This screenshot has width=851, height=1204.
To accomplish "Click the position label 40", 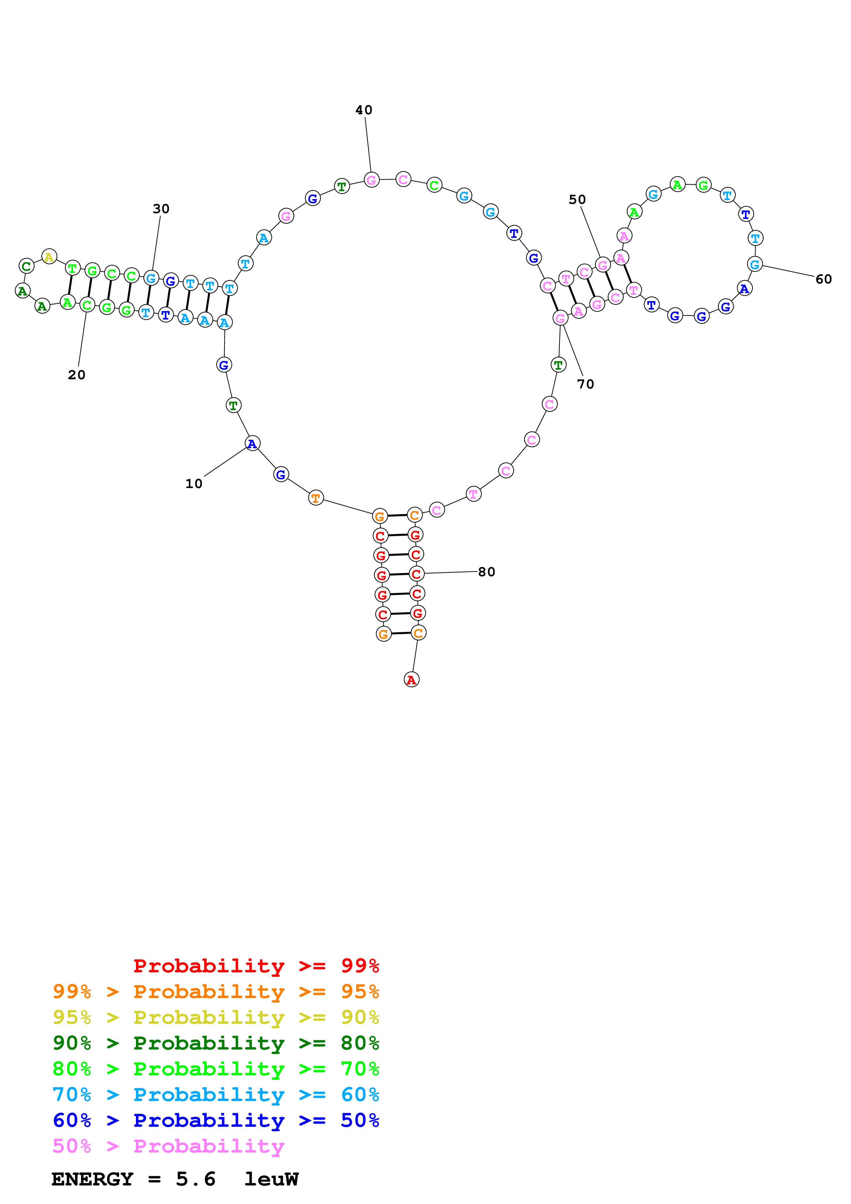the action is [x=364, y=110].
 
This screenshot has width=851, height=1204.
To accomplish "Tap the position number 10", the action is [x=194, y=484].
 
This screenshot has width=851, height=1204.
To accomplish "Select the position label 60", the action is [x=823, y=279].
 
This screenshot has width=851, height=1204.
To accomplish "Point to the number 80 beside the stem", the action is [x=486, y=571].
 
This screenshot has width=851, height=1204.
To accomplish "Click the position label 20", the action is [x=77, y=375].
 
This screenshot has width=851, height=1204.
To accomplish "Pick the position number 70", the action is [x=585, y=384].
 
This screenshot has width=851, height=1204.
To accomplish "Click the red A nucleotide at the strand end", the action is [x=412, y=680].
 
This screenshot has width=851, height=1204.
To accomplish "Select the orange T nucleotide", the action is [x=316, y=498].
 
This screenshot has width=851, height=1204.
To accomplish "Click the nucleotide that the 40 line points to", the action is [x=371, y=181].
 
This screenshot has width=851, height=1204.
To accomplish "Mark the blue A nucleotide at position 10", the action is [x=253, y=444].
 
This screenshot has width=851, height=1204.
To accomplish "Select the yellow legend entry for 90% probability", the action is [x=216, y=1017].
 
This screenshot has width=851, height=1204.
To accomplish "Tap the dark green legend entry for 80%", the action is [x=216, y=1043].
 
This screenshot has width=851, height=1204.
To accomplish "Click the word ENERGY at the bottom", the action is [x=92, y=1179].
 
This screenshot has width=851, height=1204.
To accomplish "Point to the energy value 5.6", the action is [x=196, y=1179].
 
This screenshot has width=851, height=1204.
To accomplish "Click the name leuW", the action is [x=271, y=1179].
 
